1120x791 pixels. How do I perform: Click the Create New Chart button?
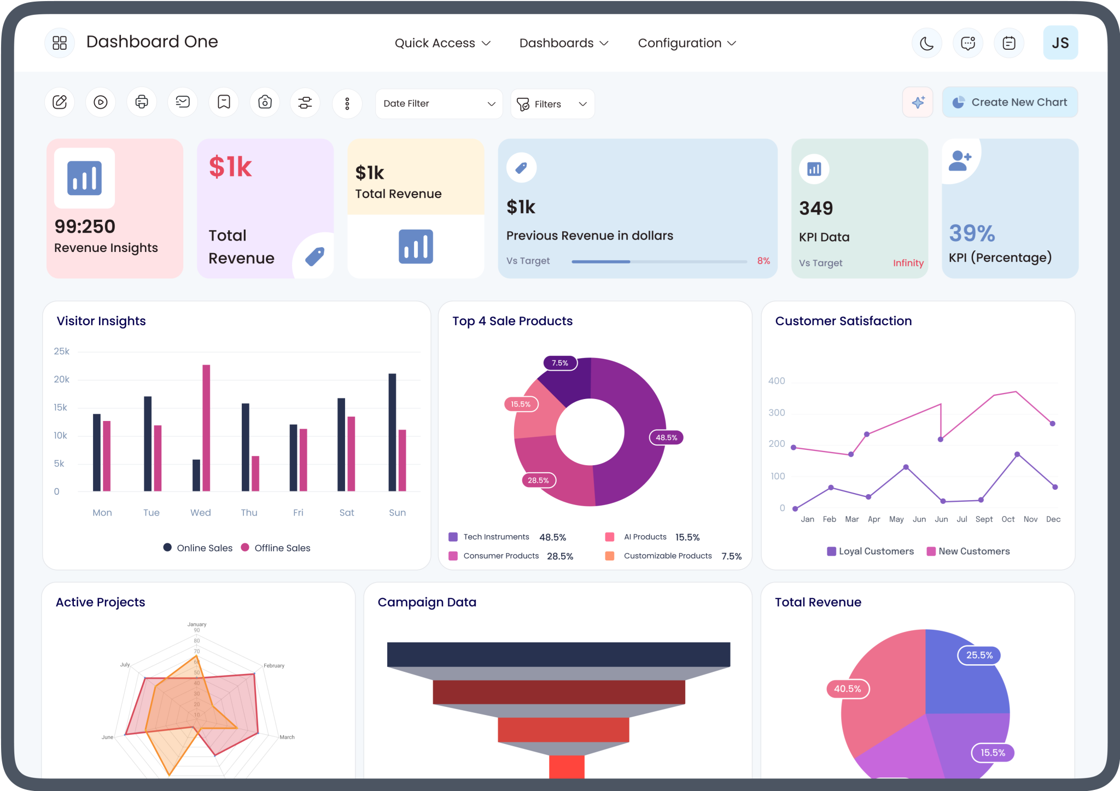pos(1010,102)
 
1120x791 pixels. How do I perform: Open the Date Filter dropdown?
pos(439,104)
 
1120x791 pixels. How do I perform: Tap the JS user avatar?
pos(1060,43)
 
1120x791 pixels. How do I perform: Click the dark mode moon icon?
pos(926,43)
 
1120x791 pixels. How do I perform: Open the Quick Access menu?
pos(442,43)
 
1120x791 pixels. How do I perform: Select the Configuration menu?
pos(687,43)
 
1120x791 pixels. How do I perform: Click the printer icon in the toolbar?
pos(142,102)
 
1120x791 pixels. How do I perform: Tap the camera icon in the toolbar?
pos(265,102)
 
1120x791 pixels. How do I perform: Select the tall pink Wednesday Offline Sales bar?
pos(206,427)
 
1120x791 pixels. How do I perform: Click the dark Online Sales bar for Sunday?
pos(392,432)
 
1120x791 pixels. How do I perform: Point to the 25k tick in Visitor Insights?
pos(61,351)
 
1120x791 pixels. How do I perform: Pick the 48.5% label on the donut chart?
pos(666,437)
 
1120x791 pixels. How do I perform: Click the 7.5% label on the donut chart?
pos(560,363)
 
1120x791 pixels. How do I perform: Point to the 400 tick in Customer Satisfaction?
pos(777,381)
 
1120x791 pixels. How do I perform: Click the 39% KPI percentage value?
pos(972,233)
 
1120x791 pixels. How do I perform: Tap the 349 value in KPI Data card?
pos(816,208)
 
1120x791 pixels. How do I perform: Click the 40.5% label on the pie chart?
pos(847,689)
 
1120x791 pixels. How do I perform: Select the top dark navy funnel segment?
pos(558,654)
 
